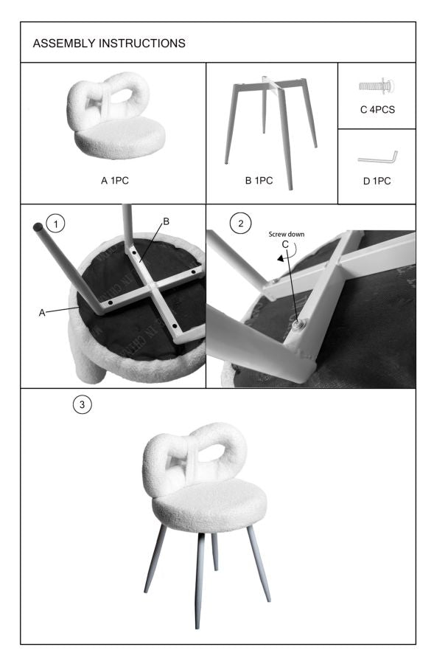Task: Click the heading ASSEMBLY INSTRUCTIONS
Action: [x=109, y=44]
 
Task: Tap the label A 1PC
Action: [x=113, y=179]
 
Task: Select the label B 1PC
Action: [x=258, y=180]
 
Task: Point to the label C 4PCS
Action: [x=377, y=111]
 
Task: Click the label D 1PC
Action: [x=377, y=180]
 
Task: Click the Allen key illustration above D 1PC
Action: [x=377, y=157]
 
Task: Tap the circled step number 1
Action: [x=54, y=221]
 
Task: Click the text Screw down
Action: [x=286, y=235]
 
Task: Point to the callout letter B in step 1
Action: [x=166, y=221]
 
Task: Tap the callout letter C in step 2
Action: [x=284, y=245]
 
